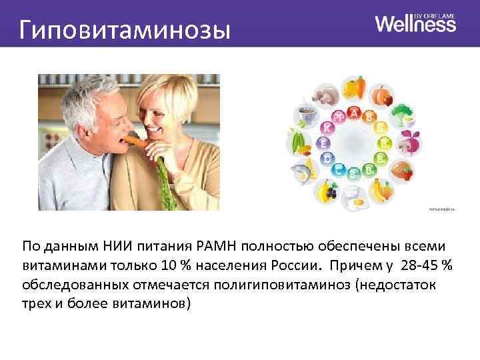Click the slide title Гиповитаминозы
click(x=124, y=30)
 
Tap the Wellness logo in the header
click(x=415, y=24)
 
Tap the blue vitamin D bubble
click(x=327, y=158)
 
